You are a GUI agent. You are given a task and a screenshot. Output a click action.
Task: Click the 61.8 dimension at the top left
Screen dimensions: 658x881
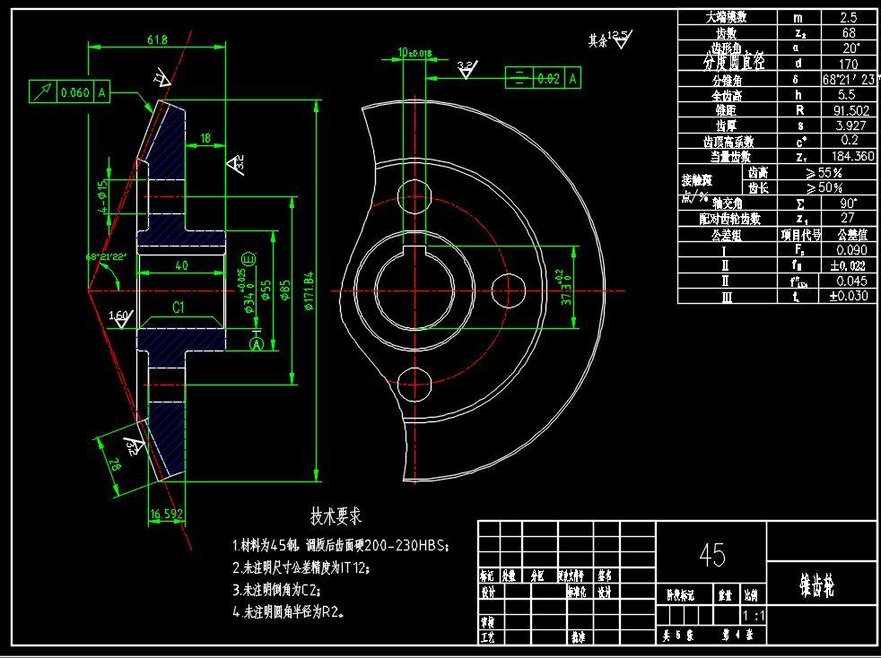pos(157,39)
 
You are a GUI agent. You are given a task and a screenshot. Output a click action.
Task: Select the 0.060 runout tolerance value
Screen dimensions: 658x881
pos(74,91)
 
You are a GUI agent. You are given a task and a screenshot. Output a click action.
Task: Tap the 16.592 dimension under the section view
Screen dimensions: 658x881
pos(166,515)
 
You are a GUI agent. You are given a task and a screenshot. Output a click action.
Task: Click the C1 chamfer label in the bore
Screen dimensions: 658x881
pos(179,307)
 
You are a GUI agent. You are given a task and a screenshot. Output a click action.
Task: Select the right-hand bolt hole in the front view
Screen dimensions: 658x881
pos(509,289)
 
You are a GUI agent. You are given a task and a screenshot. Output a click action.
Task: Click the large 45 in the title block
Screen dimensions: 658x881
pos(712,555)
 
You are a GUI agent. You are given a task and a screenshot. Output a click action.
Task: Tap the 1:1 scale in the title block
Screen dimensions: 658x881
pos(754,617)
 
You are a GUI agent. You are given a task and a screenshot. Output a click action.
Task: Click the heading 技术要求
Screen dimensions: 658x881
pos(336,516)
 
